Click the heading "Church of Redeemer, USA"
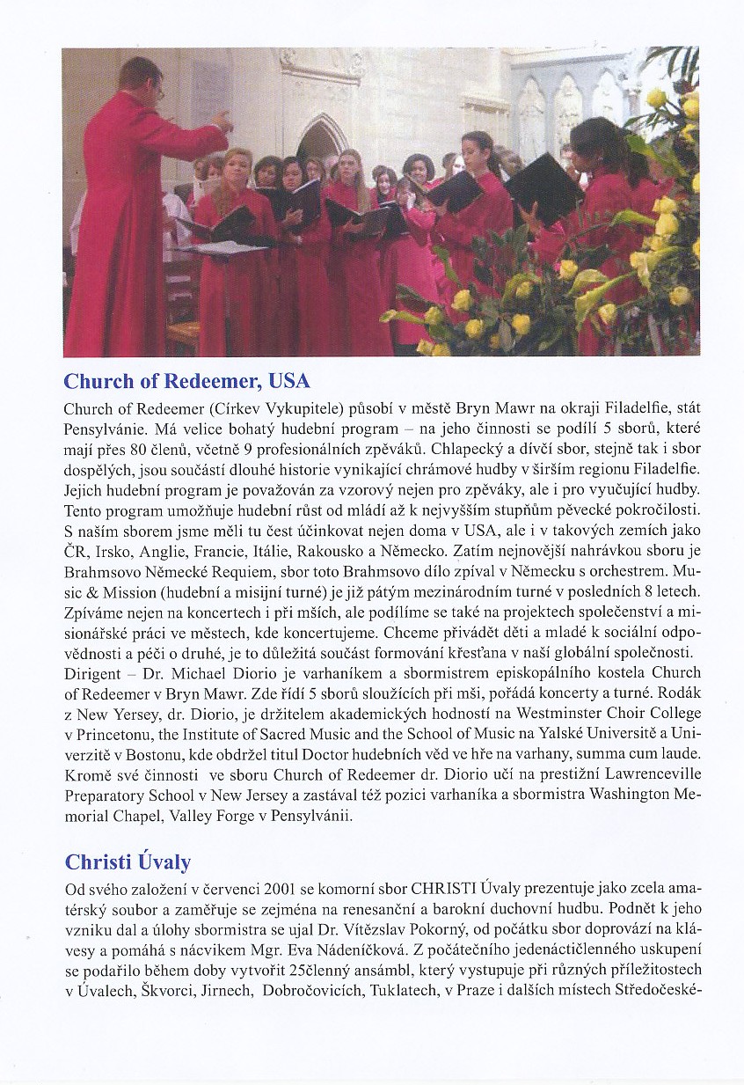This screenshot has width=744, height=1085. point(186,382)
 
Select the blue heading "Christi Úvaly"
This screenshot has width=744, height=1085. point(128,861)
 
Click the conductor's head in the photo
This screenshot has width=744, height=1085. point(141,78)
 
